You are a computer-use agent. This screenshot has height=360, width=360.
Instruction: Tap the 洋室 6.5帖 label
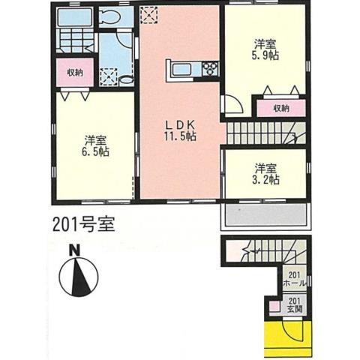point(93,145)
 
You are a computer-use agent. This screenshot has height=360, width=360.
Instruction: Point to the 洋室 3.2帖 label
point(265,173)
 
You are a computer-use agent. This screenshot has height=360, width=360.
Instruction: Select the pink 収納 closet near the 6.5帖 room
point(74,73)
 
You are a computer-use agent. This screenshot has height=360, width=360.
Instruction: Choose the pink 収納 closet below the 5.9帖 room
point(280,108)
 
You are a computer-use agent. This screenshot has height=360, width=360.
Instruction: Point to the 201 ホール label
point(296,280)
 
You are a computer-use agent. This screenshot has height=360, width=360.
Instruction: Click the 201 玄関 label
point(296,304)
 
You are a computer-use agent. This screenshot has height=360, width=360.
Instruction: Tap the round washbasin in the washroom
point(125,77)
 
